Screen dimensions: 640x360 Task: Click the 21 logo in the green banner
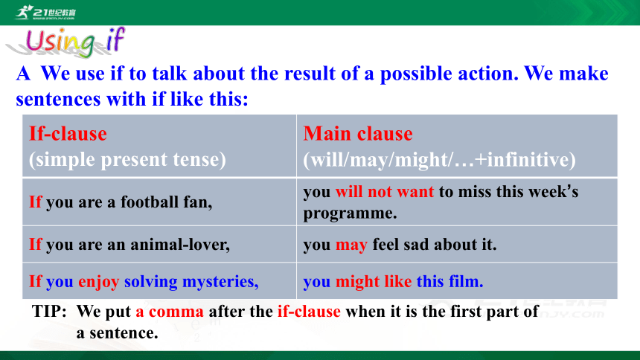tap(45, 12)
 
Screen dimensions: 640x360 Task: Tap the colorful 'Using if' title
tap(74, 42)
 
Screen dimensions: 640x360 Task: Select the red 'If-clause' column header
tap(68, 134)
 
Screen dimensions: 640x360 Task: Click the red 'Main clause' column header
tap(358, 134)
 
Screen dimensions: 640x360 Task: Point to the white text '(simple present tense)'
tap(127, 160)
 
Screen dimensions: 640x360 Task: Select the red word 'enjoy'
tap(99, 282)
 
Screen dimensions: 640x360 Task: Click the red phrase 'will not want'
tap(385, 191)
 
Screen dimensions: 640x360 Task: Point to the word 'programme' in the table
tap(348, 213)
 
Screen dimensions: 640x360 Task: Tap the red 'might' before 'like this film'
tap(357, 282)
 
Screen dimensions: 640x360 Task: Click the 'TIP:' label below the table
tap(49, 312)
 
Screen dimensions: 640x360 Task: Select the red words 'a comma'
tap(170, 312)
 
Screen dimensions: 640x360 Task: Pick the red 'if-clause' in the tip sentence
tap(309, 312)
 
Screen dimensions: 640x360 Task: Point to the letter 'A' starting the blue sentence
tap(23, 74)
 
